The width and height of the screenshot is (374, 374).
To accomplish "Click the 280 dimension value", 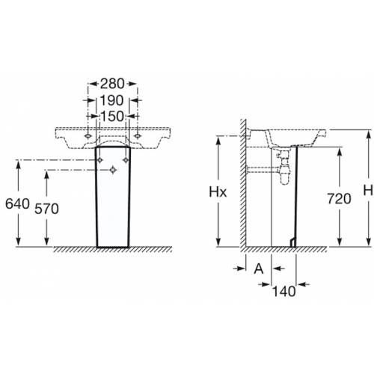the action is [x=112, y=84].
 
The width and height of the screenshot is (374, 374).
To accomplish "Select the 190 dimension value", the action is [x=111, y=100].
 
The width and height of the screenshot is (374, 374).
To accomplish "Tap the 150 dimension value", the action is [x=112, y=117].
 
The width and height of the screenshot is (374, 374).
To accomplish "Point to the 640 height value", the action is [x=17, y=203].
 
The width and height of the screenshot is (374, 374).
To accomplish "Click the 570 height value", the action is [x=46, y=209].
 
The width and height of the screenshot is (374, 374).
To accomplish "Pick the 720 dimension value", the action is [x=339, y=199].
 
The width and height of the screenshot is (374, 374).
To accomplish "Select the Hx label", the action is [x=218, y=192].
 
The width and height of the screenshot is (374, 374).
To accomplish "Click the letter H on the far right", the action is [x=368, y=191].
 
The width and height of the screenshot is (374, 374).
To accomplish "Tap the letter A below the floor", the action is [x=259, y=269].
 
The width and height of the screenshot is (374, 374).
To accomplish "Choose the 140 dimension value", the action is [x=283, y=291].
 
